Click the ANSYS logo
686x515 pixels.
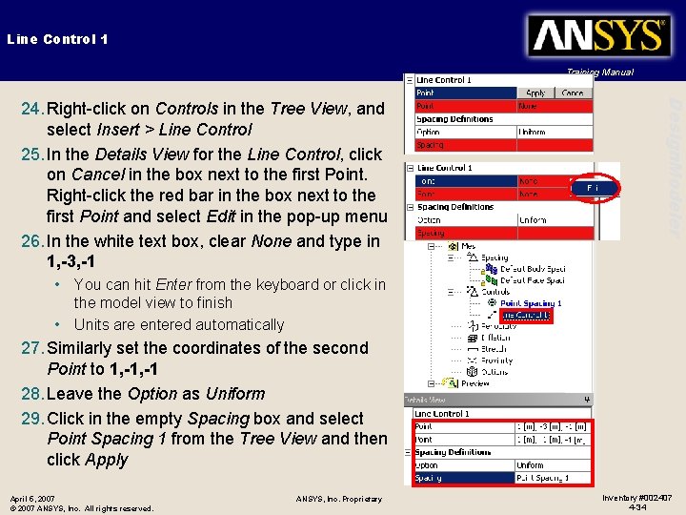click(597, 37)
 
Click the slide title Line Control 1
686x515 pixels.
click(57, 39)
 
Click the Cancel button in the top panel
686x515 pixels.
click(573, 93)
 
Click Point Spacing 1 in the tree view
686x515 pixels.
click(531, 303)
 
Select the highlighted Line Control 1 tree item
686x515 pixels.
click(525, 315)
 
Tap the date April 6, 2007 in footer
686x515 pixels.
click(32, 498)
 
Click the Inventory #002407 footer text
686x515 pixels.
click(636, 497)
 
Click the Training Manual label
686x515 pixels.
click(599, 72)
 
